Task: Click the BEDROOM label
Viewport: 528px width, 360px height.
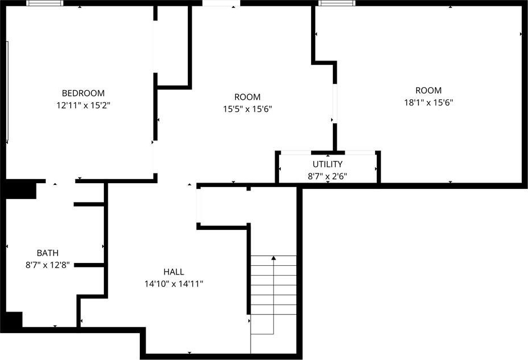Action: click(x=83, y=93)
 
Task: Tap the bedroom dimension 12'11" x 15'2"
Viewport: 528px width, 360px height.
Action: click(x=83, y=106)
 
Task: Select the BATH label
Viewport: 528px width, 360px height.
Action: click(x=47, y=253)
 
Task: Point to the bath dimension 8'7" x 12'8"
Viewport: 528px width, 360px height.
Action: click(x=47, y=265)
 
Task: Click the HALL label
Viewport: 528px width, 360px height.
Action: click(x=174, y=272)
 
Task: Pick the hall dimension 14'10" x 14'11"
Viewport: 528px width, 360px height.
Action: click(x=174, y=284)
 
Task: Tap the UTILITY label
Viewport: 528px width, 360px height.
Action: click(x=327, y=164)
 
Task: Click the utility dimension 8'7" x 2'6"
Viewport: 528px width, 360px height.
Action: click(x=327, y=176)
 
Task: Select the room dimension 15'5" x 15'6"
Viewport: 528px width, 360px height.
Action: click(x=248, y=109)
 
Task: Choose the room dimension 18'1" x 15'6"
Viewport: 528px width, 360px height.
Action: click(x=428, y=102)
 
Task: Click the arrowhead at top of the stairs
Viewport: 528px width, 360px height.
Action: click(x=273, y=258)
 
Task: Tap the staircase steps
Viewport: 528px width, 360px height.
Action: click(x=273, y=295)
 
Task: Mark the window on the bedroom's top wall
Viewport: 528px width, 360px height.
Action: click(x=45, y=3)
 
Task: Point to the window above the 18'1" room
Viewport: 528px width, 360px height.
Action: click(x=337, y=3)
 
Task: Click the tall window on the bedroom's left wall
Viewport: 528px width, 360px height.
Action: click(x=7, y=91)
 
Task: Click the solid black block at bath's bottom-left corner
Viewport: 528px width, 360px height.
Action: click(x=14, y=319)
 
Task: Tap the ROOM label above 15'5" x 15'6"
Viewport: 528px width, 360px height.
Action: click(x=248, y=97)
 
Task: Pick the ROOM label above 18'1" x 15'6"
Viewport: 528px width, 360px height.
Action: click(x=428, y=90)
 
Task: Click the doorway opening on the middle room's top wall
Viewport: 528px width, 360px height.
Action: click(x=221, y=3)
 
